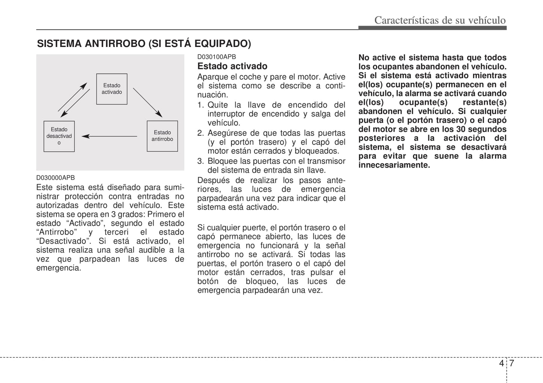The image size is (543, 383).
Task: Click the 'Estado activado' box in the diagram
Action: click(112, 89)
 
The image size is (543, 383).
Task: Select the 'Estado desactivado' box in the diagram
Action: click(59, 136)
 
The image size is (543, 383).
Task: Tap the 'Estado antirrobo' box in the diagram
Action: click(162, 136)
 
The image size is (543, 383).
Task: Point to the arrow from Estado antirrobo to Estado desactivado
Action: click(109, 136)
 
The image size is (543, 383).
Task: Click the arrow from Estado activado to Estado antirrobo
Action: click(147, 103)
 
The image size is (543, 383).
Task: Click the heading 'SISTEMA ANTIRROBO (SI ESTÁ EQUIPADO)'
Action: click(144, 44)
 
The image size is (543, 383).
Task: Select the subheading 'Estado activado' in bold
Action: click(232, 66)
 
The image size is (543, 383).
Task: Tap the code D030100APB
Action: click(216, 57)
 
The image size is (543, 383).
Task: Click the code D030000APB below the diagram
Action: click(56, 178)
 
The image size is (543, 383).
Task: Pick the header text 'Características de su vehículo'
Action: click(440, 20)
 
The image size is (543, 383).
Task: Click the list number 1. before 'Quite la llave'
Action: click(201, 105)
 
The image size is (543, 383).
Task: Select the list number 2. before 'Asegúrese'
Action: click(201, 133)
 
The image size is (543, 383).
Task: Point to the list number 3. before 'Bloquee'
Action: click(201, 161)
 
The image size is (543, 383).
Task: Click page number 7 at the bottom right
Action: click(511, 363)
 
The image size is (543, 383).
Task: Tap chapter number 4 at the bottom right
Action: click(501, 363)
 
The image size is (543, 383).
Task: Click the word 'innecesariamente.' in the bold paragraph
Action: click(394, 165)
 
